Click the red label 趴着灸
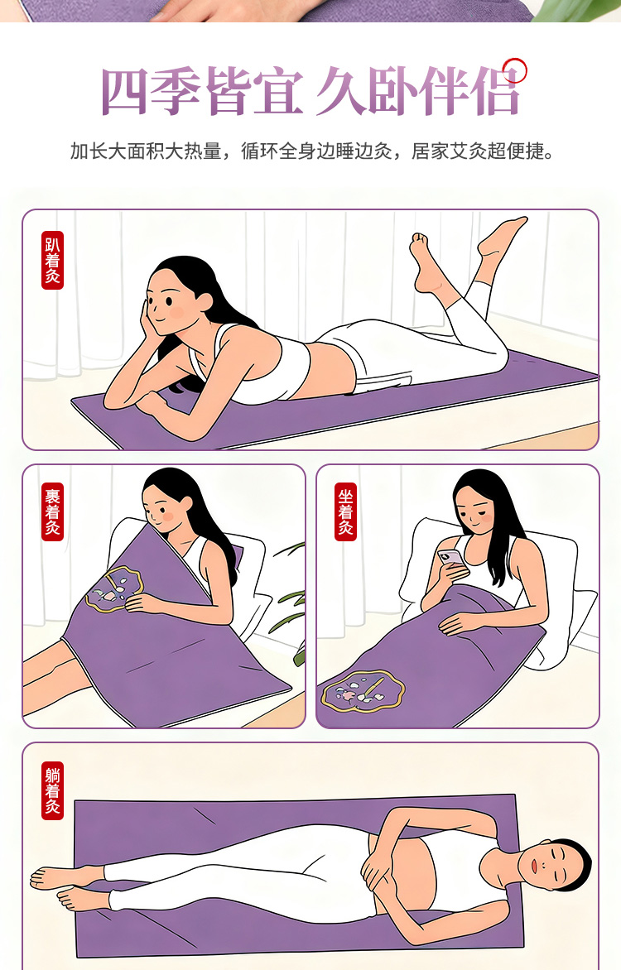53,261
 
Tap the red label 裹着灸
53,511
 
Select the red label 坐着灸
345,511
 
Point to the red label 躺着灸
53,790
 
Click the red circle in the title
514,70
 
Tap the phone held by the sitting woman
450,557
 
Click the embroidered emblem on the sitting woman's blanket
363,692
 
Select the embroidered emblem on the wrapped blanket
114,588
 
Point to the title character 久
341,92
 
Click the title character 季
176,92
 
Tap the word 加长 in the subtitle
89,151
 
